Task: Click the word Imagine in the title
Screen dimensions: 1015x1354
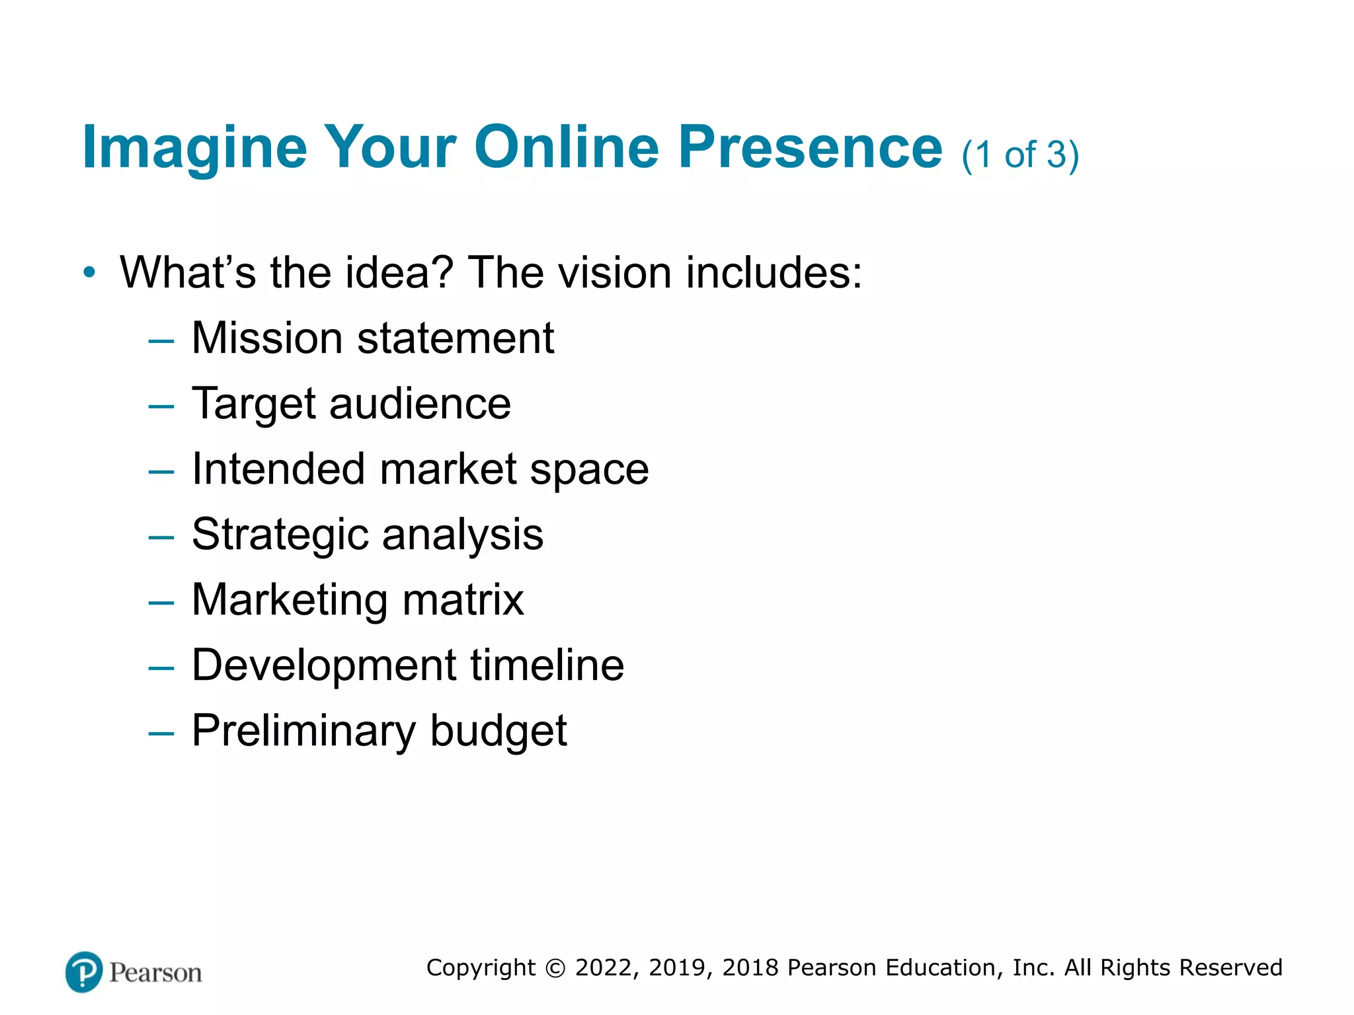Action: point(194,148)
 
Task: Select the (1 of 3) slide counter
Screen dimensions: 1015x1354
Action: point(1020,155)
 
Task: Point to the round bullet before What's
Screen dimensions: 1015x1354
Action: point(89,272)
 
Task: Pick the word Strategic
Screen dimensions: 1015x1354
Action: point(280,534)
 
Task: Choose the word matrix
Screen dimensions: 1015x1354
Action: point(463,600)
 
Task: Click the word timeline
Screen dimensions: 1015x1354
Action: point(547,665)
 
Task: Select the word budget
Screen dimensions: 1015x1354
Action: point(498,731)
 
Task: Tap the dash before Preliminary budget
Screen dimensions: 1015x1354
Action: point(161,733)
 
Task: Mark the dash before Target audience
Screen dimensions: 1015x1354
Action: point(161,406)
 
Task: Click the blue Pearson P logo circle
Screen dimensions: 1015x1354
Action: point(84,972)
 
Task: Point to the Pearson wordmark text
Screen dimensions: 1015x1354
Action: point(155,973)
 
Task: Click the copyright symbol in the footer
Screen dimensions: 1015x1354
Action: point(555,968)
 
